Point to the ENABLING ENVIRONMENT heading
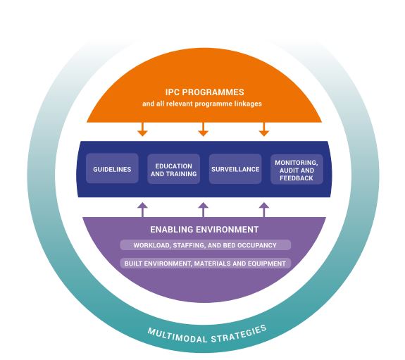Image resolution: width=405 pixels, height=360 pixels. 203,230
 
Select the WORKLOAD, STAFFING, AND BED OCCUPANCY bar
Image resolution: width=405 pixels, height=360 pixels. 203,245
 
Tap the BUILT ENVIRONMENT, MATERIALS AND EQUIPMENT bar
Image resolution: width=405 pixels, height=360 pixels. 203,263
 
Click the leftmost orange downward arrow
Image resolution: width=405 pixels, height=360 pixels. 142,128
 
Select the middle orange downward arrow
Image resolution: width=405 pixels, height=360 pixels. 203,128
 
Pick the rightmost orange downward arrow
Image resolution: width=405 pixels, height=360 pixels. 264,128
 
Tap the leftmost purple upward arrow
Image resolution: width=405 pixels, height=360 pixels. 142,209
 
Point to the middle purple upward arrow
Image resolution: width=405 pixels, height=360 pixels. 203,209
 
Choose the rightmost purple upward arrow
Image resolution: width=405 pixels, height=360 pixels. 264,209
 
